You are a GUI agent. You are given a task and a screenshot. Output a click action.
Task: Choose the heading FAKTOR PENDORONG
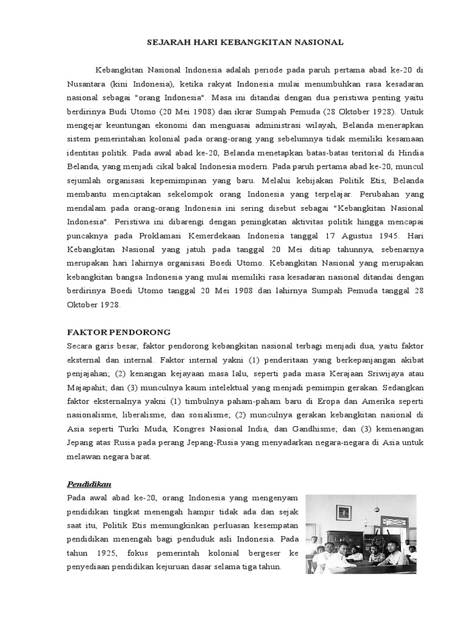pos(118,331)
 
